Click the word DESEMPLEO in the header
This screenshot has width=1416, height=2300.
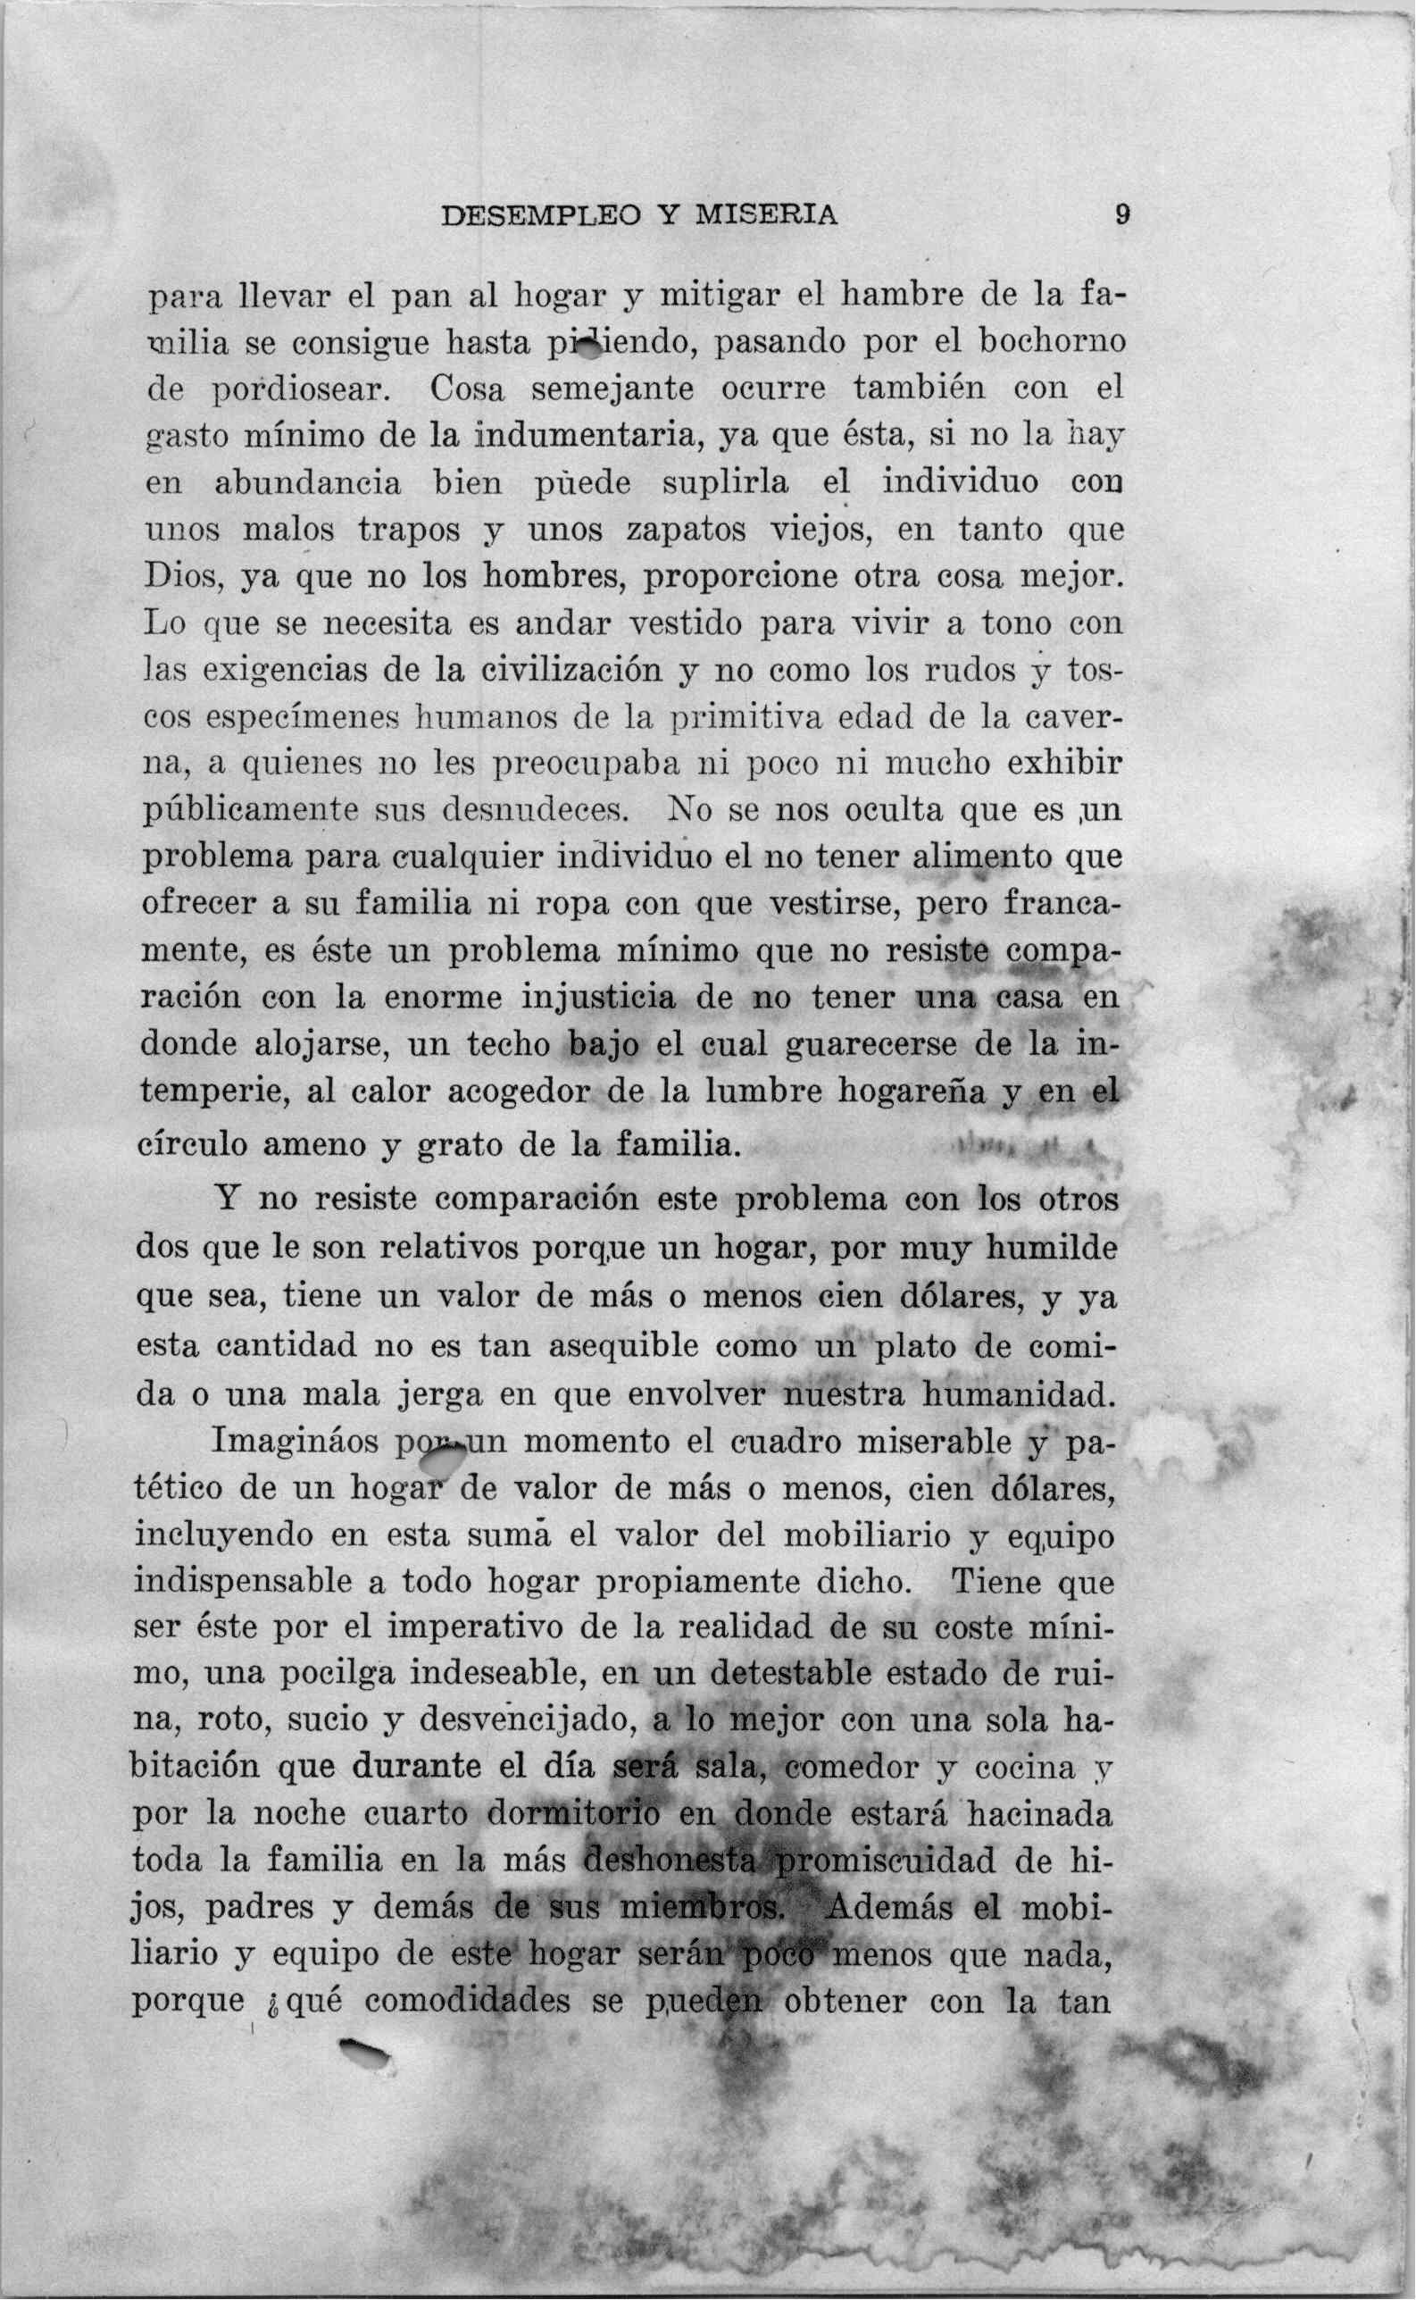coord(540,216)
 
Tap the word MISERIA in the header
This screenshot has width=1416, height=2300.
coord(766,216)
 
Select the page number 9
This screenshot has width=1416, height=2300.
coord(1122,215)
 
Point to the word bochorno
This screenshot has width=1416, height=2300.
coord(1052,342)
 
